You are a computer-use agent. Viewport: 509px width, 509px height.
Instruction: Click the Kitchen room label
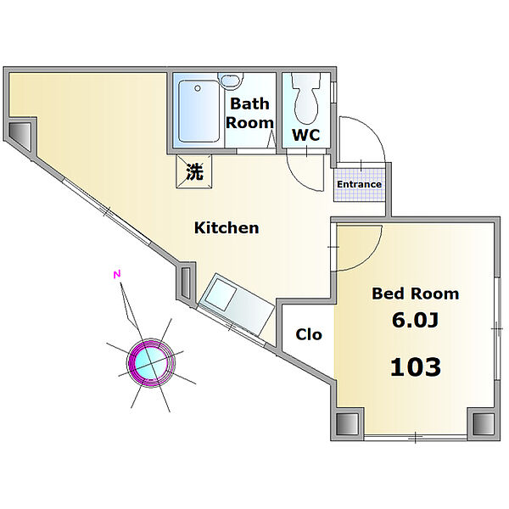[x=227, y=228]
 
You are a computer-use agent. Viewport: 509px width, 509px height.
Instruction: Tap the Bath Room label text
[x=249, y=114]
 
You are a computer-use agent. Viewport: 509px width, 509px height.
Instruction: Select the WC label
[x=305, y=135]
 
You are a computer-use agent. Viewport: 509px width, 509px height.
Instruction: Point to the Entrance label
[x=359, y=184]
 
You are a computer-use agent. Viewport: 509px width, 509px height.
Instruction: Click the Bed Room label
[x=415, y=294]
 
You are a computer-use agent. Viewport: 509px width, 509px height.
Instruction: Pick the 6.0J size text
[x=415, y=320]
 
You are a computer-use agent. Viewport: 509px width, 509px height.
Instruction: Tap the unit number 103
[x=416, y=366]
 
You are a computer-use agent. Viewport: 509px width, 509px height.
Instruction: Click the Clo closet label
[x=309, y=334]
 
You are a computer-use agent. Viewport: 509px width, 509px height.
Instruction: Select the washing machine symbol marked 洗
[x=194, y=171]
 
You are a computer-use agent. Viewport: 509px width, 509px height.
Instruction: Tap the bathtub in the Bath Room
[x=199, y=111]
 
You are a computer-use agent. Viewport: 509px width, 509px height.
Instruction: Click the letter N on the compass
[x=117, y=275]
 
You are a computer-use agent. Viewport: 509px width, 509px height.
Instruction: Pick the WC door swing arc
[x=298, y=178]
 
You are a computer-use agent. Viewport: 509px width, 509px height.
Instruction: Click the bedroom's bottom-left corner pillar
[x=348, y=424]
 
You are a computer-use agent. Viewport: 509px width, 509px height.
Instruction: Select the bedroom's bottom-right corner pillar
[x=484, y=424]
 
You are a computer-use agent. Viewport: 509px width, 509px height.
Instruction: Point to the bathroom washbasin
[x=231, y=81]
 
